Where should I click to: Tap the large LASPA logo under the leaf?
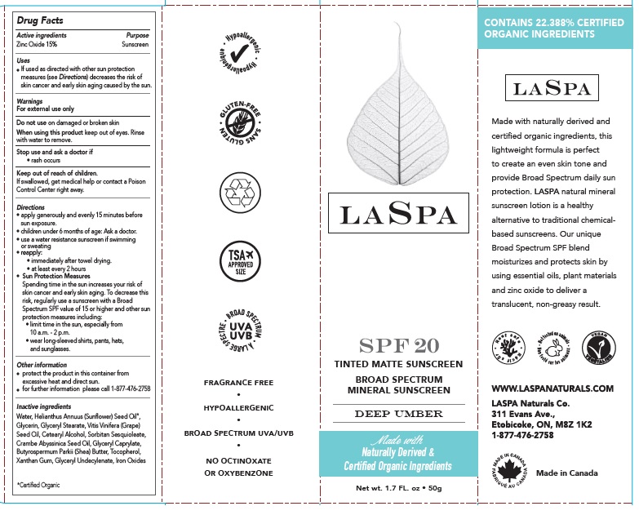pyautogui.click(x=397, y=215)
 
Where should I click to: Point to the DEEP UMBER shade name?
pyautogui.click(x=397, y=414)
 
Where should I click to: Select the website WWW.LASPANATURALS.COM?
pyautogui.click(x=552, y=388)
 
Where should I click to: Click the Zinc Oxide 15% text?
pyautogui.click(x=38, y=44)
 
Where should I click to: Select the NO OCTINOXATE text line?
pyautogui.click(x=239, y=461)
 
